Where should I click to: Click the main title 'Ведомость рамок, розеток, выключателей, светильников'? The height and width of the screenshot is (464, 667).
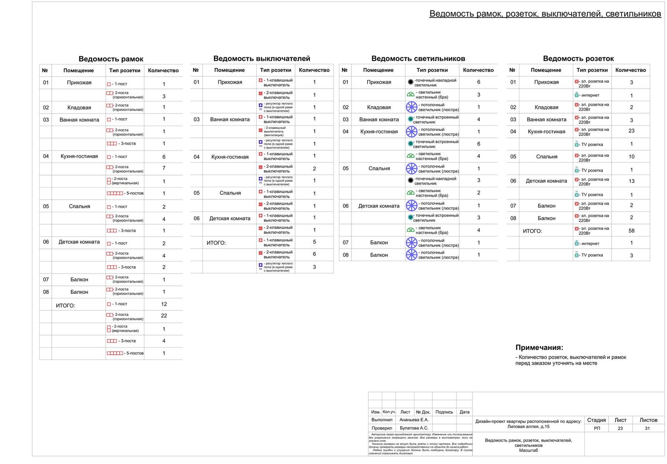pos(545,14)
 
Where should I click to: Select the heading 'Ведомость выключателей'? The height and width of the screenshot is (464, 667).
pos(262,59)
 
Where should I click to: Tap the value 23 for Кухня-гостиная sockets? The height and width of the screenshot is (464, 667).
pos(631,131)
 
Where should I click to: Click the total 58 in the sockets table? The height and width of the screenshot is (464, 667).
pos(631,231)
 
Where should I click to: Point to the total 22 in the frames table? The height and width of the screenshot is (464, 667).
pos(164,316)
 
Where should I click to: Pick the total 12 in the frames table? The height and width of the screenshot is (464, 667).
pos(164,304)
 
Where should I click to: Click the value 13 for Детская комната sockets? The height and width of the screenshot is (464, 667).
pos(631,181)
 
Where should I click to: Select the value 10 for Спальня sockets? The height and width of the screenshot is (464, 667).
pos(631,157)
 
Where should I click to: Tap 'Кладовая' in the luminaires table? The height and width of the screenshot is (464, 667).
pos(379,107)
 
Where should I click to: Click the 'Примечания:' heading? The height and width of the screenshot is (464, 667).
pos(539,348)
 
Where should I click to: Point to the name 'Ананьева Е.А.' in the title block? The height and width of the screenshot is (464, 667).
pos(414,420)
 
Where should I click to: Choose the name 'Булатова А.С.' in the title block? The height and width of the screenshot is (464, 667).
pos(414,428)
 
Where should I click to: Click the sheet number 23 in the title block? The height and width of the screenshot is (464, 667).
pos(620,429)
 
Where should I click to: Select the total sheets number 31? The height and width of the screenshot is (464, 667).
pos(647,429)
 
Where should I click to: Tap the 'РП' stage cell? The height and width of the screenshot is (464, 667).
pos(597,429)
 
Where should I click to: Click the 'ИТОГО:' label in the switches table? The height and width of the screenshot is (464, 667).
pos(216,243)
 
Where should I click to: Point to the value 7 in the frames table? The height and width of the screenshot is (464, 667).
pos(164,168)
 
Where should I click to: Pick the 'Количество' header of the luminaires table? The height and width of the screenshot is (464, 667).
pos(478,70)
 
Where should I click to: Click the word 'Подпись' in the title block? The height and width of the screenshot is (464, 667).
pos(444,412)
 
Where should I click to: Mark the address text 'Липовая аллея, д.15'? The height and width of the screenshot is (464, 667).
pos(528,426)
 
